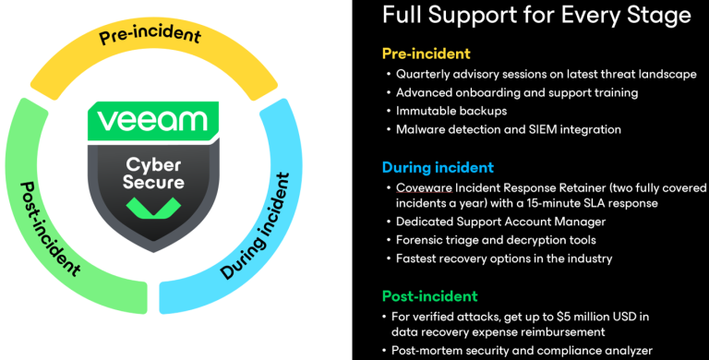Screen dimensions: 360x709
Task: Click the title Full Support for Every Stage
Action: [x=535, y=16]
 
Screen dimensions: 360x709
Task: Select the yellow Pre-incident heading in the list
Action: [x=426, y=54]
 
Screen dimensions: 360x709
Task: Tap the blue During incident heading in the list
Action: [x=438, y=167]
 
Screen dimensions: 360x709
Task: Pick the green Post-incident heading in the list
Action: [x=429, y=296]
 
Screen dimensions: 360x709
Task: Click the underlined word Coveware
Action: [x=426, y=187]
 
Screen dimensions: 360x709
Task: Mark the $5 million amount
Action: [x=571, y=318]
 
